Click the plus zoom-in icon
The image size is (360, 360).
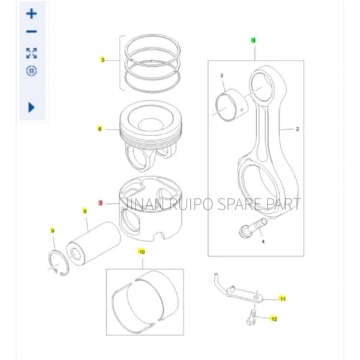32,14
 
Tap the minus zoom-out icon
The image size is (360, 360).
32,32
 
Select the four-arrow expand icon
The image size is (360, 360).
32,52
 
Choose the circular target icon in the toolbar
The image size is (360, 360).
32,71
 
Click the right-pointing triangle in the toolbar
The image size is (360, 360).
32,107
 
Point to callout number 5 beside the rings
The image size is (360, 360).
102,60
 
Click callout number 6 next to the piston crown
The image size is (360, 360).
100,128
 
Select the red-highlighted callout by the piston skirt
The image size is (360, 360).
101,203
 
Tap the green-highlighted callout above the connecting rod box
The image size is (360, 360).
253,41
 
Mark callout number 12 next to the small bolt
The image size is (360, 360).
274,319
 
